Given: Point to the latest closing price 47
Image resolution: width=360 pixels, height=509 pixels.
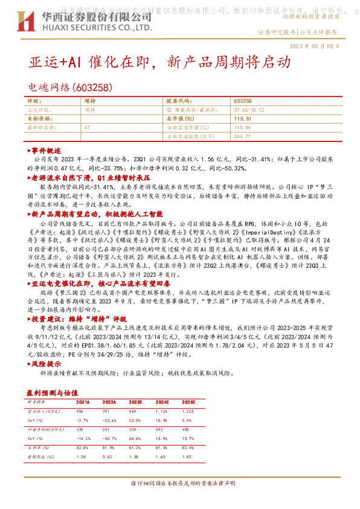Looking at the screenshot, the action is [x=88, y=128].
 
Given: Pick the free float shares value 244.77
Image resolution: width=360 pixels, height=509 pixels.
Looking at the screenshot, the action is [x=242, y=137].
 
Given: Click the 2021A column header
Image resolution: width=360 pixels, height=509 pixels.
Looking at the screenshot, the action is [x=83, y=401].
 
